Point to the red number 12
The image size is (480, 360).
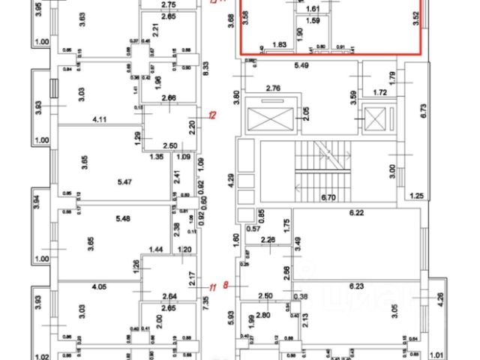(212, 115)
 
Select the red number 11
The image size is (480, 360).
(212, 285)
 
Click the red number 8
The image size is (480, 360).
(225, 285)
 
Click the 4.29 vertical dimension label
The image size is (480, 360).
(233, 180)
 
